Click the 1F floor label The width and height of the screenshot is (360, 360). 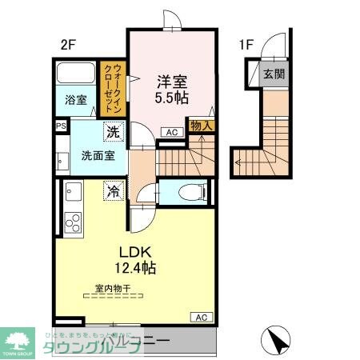click(245, 46)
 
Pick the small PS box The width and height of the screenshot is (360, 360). click(61, 126)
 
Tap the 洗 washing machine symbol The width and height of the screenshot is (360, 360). click(115, 129)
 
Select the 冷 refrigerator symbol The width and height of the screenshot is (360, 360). click(114, 192)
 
